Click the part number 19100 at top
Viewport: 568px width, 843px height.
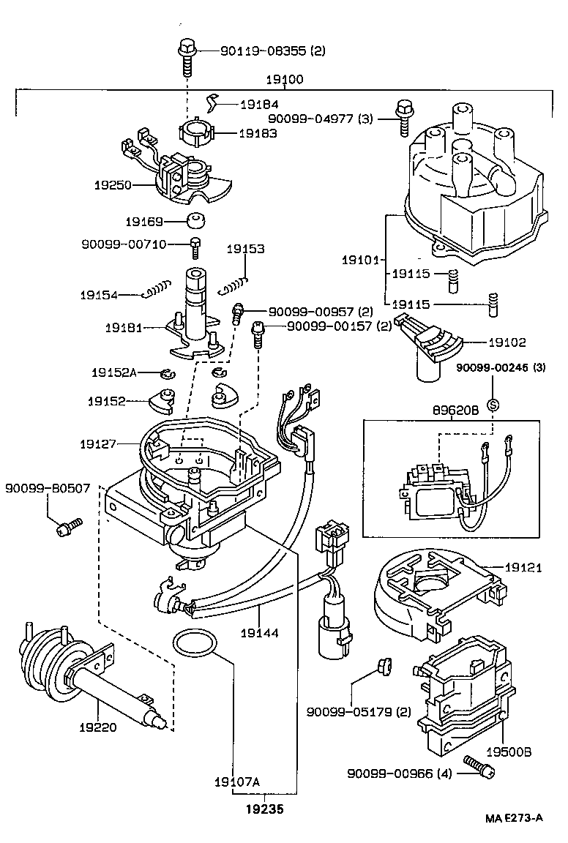pyautogui.click(x=285, y=80)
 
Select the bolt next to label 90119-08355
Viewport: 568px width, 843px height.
pyautogui.click(x=184, y=57)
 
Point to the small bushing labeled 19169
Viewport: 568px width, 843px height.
pyautogui.click(x=195, y=221)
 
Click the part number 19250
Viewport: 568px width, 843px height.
pyautogui.click(x=112, y=185)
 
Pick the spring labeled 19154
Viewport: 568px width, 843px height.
pyautogui.click(x=159, y=291)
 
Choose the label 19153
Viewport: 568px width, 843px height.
pyautogui.click(x=244, y=249)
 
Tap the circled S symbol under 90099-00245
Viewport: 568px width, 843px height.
pyautogui.click(x=493, y=404)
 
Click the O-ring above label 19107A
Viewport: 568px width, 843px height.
pyautogui.click(x=195, y=643)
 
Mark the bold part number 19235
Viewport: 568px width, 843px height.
pyautogui.click(x=265, y=809)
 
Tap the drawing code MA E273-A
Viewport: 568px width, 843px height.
pyautogui.click(x=512, y=818)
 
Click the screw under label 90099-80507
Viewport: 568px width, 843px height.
pyautogui.click(x=70, y=526)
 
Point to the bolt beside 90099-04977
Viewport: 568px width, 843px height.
pyautogui.click(x=403, y=116)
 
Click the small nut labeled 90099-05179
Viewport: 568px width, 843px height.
pyautogui.click(x=380, y=666)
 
